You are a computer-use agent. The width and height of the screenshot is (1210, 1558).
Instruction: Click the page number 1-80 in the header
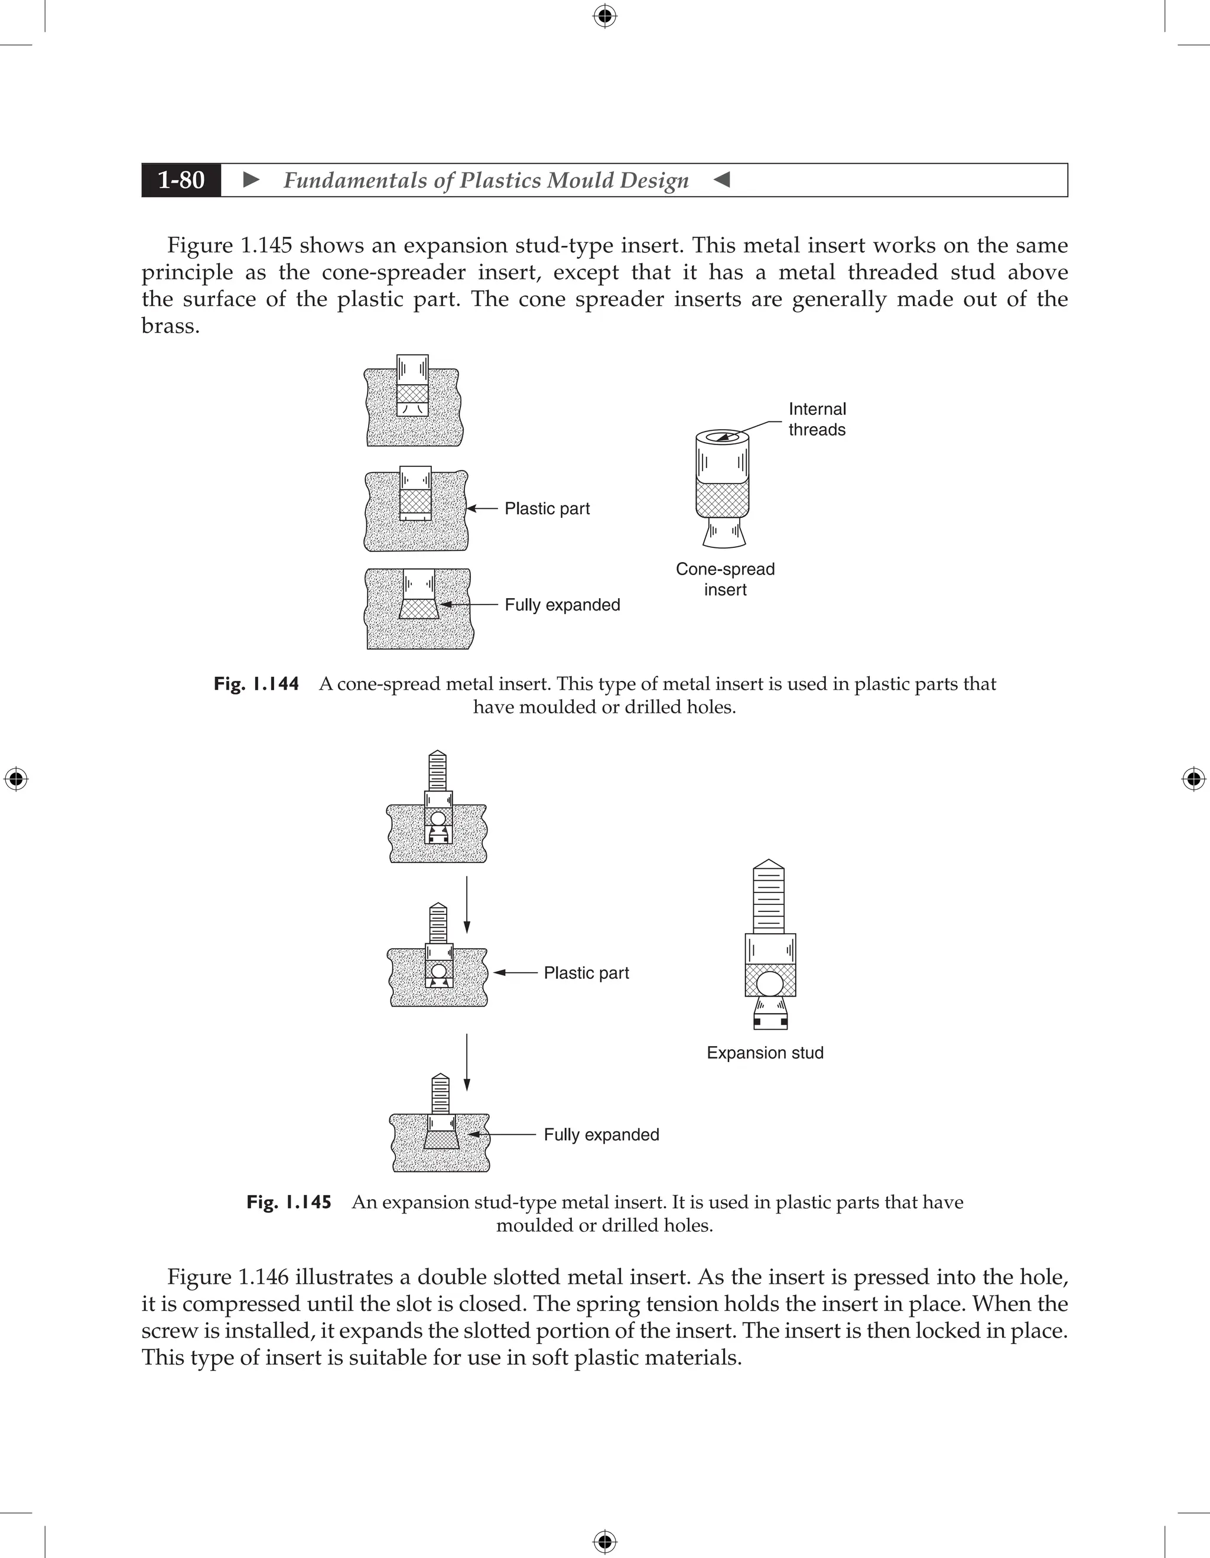click(181, 180)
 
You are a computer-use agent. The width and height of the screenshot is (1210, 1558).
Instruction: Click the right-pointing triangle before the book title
click(251, 180)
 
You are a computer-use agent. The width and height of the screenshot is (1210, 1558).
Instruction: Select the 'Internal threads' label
click(817, 420)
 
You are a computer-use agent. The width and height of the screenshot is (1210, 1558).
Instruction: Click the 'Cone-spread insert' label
click(725, 579)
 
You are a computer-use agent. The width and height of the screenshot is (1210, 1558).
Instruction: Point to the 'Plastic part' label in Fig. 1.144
click(547, 509)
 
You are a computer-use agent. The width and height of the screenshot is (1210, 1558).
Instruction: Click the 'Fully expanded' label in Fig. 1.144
click(562, 605)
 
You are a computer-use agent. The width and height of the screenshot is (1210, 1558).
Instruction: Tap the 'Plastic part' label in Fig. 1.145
click(586, 973)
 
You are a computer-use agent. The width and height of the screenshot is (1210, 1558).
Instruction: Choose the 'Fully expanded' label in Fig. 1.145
click(601, 1135)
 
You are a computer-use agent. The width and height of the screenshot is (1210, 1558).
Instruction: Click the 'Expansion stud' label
click(765, 1053)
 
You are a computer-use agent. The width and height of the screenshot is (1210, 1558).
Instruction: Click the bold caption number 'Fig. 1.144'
click(256, 684)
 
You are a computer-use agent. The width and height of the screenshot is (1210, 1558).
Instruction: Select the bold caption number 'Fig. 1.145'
click(289, 1203)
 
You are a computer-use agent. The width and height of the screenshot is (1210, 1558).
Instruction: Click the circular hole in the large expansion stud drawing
click(770, 984)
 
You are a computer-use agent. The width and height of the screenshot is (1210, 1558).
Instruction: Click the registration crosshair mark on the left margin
click(16, 778)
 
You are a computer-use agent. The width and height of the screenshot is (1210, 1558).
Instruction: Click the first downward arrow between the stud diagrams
click(467, 904)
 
